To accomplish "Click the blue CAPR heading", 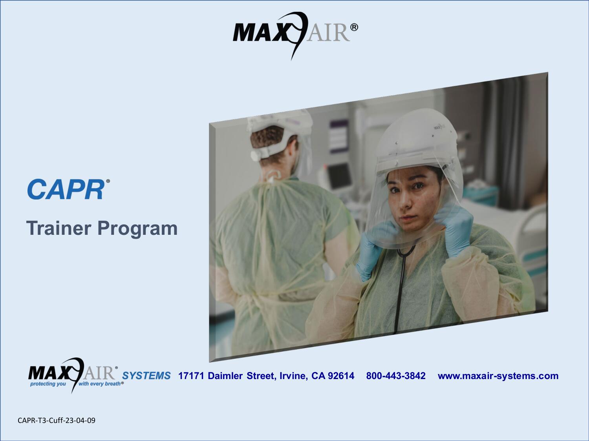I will (66, 190).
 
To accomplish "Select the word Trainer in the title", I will (58, 228).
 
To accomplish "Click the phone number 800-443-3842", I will (395, 376).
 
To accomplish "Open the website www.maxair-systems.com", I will (498, 376).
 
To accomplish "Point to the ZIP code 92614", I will (341, 376).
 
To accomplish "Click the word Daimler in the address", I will (225, 376).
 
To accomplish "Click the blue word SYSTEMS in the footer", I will (146, 376).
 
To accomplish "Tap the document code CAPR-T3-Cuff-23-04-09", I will (57, 421).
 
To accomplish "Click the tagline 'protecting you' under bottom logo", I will (48, 384).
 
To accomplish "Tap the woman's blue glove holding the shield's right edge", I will (455, 223).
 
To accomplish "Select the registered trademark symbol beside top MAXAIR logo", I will (353, 27).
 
